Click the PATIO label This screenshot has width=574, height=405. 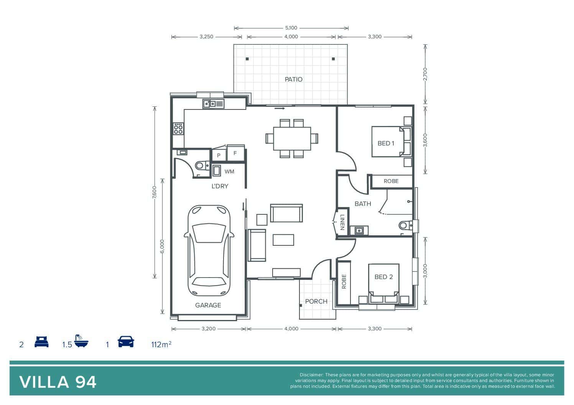coord(293,79)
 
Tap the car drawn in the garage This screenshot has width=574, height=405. coord(209,250)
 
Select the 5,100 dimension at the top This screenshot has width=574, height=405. coord(291,28)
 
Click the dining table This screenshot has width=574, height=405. coord(292,139)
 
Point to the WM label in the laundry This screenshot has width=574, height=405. coord(229,171)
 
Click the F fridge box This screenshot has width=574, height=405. coord(236,153)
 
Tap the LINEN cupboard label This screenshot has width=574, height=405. coord(342,222)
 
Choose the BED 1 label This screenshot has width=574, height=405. coord(386,143)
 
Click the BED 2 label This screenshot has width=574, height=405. coord(383,277)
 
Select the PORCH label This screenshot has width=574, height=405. coord(316,301)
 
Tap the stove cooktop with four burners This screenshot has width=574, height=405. coord(178,129)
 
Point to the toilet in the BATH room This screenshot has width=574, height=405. coord(406,225)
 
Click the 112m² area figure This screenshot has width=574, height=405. coord(161,344)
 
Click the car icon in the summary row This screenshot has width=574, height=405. coord(126,341)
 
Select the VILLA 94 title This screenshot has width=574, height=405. coord(58,382)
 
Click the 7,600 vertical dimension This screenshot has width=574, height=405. coord(154,192)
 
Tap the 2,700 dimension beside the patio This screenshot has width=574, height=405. coord(425,74)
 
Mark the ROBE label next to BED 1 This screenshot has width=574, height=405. coord(391,181)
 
